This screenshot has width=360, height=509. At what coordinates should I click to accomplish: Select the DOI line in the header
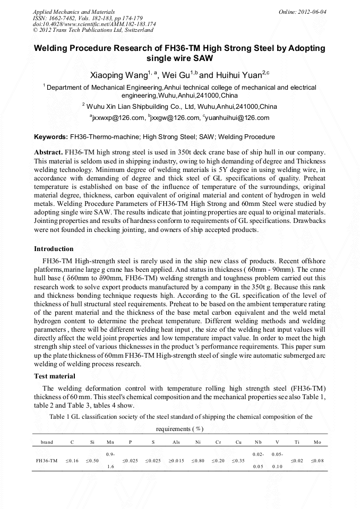94,24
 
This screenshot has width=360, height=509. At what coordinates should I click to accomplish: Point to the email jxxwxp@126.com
117,118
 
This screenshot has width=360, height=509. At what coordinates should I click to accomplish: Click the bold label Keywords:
51,137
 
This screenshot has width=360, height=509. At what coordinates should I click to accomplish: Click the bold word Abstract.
48,152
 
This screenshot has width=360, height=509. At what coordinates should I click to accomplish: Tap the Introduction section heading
54,249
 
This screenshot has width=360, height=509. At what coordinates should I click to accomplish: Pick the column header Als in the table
176,442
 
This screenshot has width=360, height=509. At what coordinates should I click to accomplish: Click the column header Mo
318,442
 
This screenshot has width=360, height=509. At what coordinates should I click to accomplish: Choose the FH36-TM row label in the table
47,461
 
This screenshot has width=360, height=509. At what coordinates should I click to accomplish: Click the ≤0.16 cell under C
72,461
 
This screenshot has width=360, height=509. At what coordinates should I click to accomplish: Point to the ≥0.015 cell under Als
176,461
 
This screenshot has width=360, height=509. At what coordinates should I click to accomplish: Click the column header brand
47,442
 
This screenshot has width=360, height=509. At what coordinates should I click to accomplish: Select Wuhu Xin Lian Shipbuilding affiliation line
180,106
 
